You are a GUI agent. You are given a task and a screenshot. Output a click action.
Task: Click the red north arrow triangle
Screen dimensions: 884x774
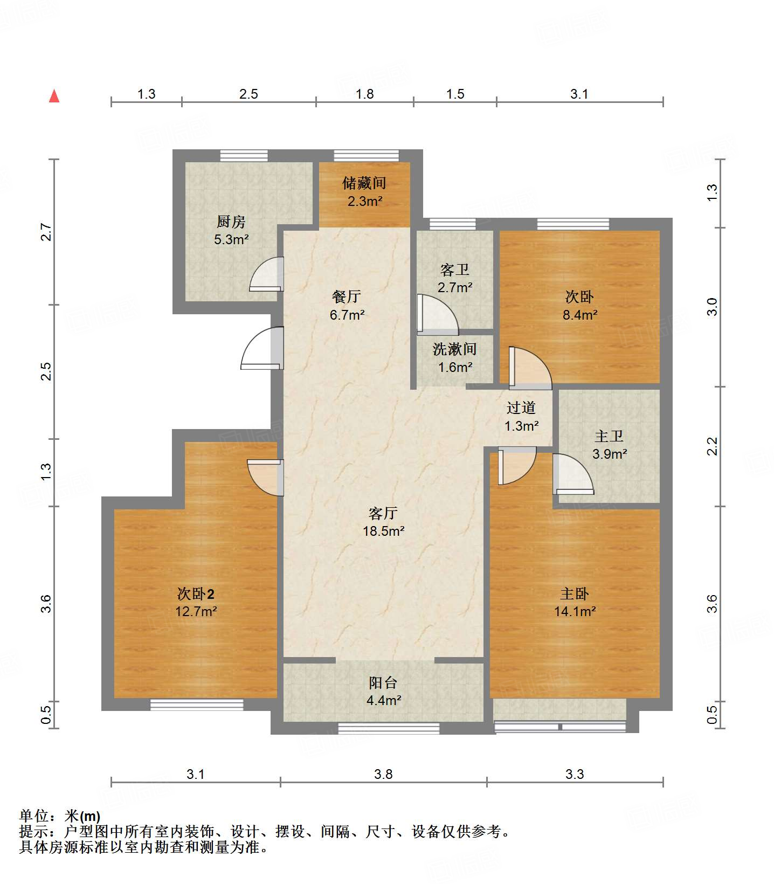click(54, 96)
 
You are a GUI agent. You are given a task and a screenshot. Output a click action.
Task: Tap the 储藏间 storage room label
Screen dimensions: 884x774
click(364, 183)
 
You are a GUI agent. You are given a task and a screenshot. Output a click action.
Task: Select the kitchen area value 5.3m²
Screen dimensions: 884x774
click(231, 239)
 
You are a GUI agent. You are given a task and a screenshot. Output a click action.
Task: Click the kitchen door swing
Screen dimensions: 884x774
click(267, 275)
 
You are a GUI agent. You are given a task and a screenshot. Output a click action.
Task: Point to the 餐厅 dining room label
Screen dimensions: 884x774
click(347, 296)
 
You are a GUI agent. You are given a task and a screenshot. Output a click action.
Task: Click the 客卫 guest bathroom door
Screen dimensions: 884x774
click(437, 314)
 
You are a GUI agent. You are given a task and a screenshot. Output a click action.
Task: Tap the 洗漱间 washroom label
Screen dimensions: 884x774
click(454, 349)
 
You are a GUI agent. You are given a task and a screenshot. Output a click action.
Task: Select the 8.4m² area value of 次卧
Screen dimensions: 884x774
click(580, 314)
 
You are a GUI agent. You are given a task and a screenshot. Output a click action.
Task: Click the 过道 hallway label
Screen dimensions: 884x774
click(521, 408)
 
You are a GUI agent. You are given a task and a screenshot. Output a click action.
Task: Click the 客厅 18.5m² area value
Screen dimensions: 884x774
click(384, 531)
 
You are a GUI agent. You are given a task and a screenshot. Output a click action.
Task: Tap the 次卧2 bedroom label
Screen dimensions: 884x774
click(196, 594)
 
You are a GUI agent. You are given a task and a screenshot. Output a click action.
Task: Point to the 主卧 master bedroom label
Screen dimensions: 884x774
click(575, 594)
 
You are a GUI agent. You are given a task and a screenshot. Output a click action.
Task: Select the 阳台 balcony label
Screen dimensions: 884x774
click(383, 683)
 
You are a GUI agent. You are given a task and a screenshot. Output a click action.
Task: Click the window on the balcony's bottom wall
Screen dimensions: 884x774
click(388, 728)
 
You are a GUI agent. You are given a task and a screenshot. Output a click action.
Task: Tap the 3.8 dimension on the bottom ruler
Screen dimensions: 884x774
click(383, 775)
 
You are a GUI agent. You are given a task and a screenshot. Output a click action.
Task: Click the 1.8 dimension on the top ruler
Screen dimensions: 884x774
click(364, 94)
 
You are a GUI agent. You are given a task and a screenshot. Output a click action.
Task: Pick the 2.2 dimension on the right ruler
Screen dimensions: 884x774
click(713, 446)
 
